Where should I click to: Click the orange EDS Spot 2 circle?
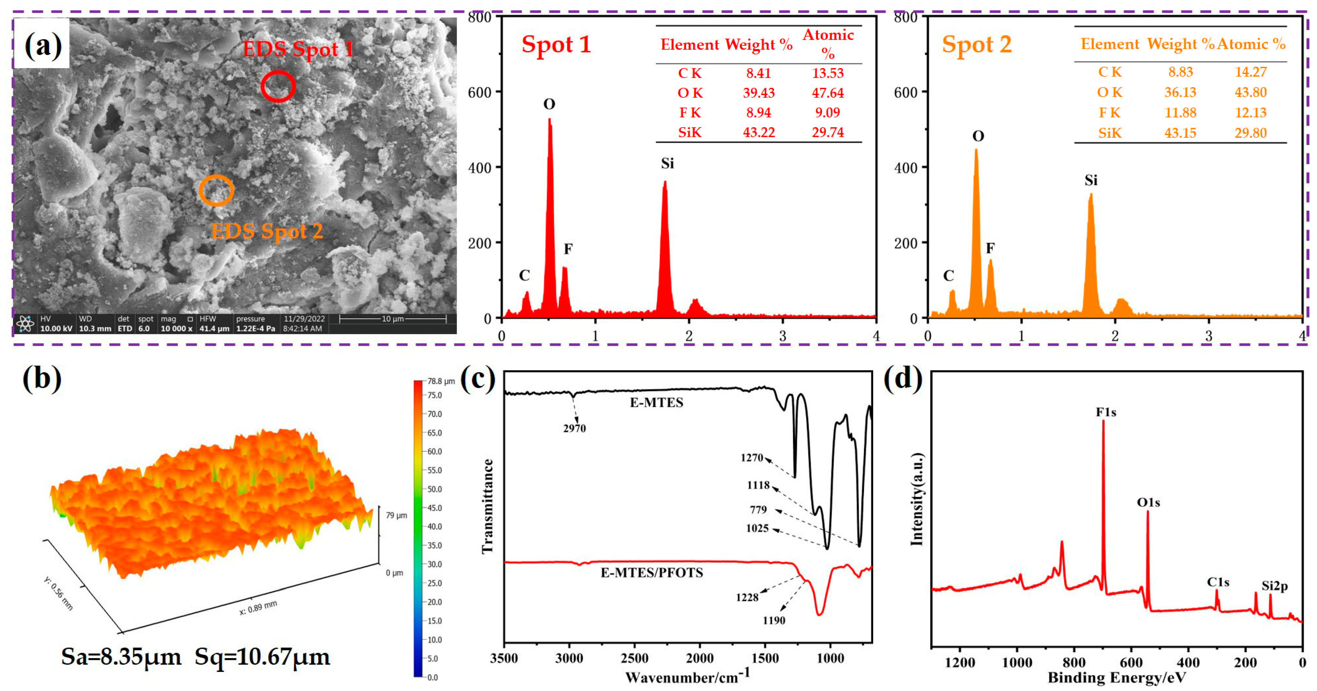click(x=216, y=190)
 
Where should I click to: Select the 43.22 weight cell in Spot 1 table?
click(x=759, y=133)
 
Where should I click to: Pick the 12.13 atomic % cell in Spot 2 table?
click(x=1250, y=113)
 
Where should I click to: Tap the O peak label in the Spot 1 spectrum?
click(x=549, y=104)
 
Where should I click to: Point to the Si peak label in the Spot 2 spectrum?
click(x=1090, y=180)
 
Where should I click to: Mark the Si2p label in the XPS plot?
click(x=1274, y=586)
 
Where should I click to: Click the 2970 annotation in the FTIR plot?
click(x=574, y=429)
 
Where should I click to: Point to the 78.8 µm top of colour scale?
click(x=441, y=381)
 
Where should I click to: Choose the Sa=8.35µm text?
click(x=121, y=657)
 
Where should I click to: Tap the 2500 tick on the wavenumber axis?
click(x=634, y=658)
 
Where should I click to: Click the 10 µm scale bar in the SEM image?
click(x=393, y=319)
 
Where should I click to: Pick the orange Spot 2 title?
click(x=976, y=44)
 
